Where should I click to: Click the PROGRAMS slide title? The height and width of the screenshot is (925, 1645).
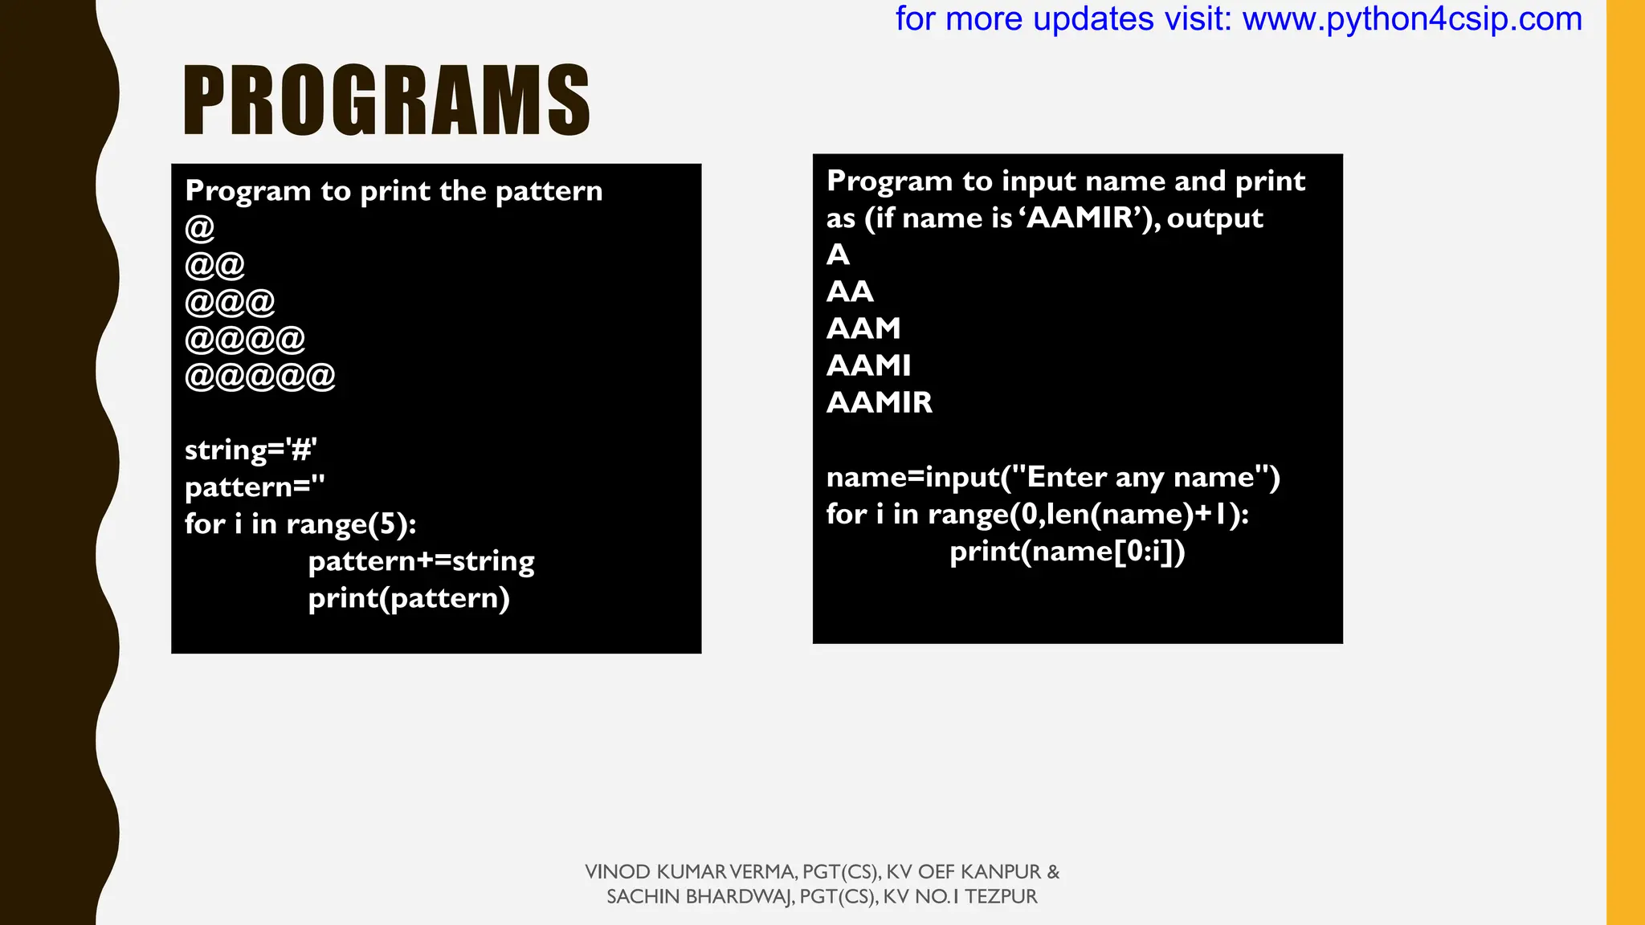(x=386, y=101)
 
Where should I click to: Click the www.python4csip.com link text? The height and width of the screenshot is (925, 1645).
(x=1412, y=19)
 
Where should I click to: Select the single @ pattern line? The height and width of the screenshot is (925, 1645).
(x=200, y=229)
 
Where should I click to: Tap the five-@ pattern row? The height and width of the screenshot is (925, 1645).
(x=260, y=377)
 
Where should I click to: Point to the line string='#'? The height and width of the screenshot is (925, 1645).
(x=251, y=450)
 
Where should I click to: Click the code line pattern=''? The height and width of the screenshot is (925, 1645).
(x=255, y=487)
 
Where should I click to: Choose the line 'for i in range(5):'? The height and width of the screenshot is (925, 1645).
(x=300, y=524)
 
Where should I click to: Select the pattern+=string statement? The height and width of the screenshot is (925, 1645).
(x=421, y=561)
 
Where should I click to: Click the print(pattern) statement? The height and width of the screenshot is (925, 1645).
(x=409, y=598)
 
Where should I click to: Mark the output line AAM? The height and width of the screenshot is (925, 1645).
(x=863, y=328)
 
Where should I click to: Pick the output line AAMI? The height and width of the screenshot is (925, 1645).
(x=868, y=365)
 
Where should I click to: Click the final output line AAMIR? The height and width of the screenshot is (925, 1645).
(x=880, y=402)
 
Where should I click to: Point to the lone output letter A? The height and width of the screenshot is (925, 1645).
(x=838, y=255)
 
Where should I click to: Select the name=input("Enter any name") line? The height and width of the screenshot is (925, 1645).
(x=1053, y=478)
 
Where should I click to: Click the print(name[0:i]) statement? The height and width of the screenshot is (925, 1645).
(x=1067, y=552)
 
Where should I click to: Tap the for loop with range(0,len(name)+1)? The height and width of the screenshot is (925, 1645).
(x=1037, y=515)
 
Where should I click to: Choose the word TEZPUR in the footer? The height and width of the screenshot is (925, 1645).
(x=1001, y=897)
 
